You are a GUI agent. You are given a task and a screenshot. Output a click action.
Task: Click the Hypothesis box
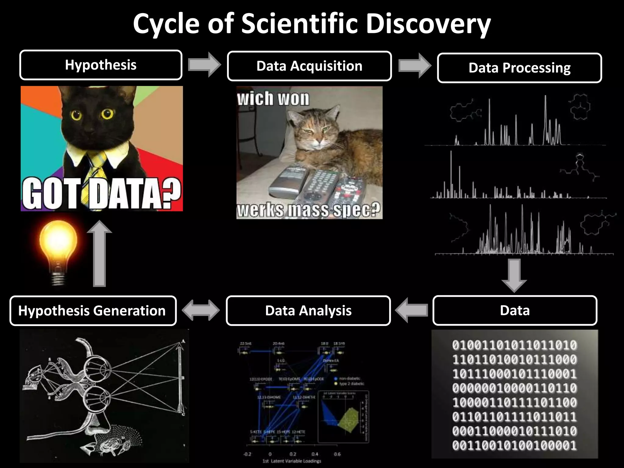(101, 65)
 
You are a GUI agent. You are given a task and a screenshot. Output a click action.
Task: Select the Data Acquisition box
(309, 66)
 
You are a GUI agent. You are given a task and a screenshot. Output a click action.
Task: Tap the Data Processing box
(519, 68)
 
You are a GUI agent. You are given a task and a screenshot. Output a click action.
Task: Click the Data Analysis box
(308, 310)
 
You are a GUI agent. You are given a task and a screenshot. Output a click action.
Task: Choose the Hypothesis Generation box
(93, 310)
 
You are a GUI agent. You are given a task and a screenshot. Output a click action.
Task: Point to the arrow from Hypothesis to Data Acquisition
(204, 65)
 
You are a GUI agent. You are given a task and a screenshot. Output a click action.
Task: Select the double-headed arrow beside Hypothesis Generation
(201, 310)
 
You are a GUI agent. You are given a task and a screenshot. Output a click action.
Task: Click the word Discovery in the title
(428, 23)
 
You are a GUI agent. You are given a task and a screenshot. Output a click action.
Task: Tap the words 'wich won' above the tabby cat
(273, 99)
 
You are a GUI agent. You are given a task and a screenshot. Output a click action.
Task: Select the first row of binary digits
(514, 345)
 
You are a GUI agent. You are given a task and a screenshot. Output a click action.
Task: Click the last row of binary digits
(514, 445)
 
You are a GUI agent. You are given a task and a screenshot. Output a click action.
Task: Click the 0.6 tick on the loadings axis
(337, 454)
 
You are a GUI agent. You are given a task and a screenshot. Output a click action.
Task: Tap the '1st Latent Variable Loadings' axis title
(292, 461)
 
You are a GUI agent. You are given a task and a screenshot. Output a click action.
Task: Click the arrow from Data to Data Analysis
(411, 310)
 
